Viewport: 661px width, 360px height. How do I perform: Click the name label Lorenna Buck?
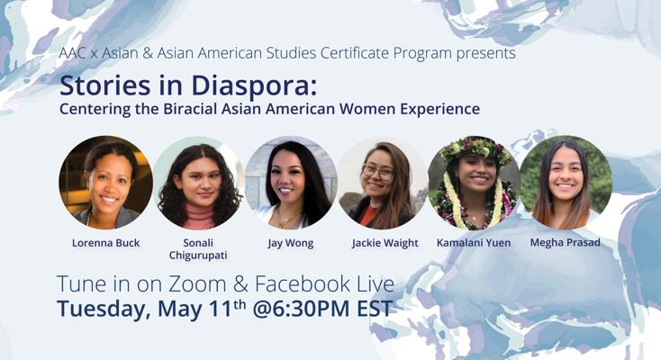(105, 243)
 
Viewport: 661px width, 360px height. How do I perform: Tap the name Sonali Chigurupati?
(198, 249)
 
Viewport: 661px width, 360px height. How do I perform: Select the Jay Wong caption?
(291, 243)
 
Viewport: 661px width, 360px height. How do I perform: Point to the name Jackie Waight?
(385, 243)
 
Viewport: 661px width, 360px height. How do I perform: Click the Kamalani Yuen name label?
(474, 243)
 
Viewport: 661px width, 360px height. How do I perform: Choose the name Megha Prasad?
(566, 242)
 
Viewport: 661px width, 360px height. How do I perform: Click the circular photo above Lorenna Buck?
(105, 183)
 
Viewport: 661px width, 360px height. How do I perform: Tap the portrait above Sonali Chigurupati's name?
(198, 183)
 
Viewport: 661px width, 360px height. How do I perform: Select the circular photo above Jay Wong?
(291, 183)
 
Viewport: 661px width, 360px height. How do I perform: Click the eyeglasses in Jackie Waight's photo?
(378, 172)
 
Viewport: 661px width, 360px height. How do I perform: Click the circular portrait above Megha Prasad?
(566, 183)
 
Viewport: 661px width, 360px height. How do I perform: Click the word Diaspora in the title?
(254, 86)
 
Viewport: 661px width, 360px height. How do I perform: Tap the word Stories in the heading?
(105, 85)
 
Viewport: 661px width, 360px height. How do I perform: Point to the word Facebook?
(303, 283)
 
